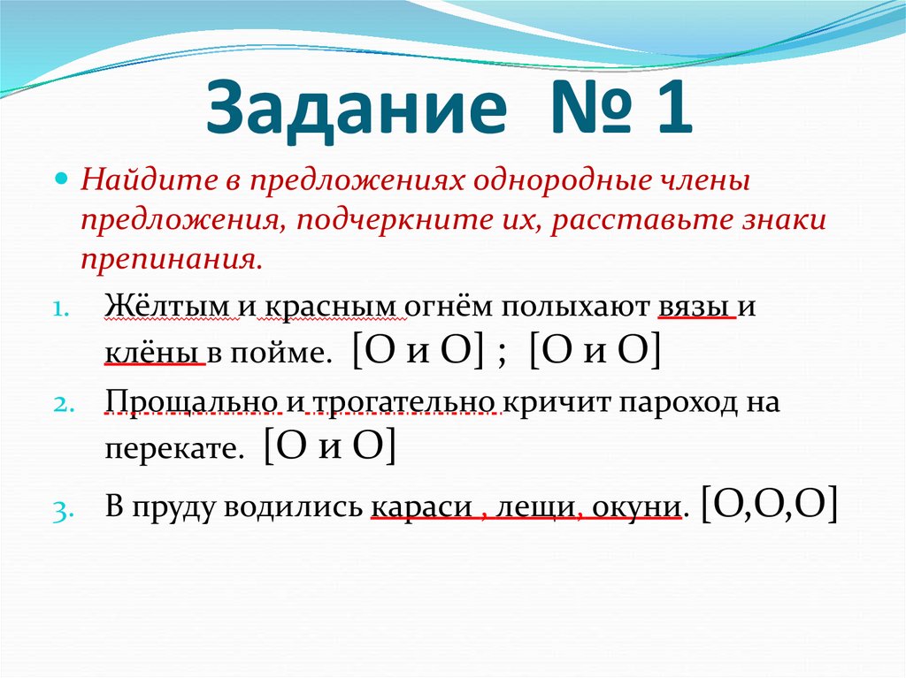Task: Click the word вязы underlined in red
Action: [x=695, y=307]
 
